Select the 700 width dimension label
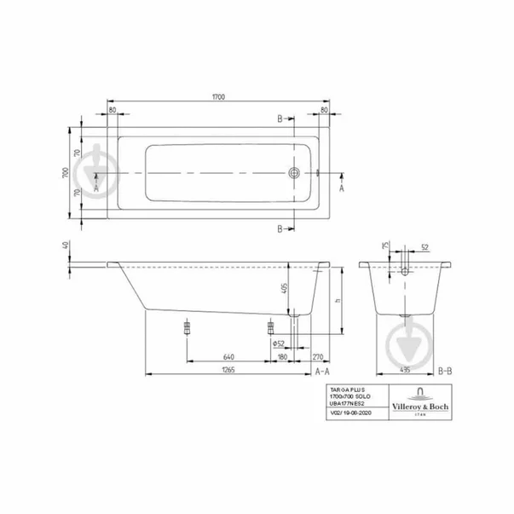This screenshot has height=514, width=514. click(x=64, y=173)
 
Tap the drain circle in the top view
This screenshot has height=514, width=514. click(x=294, y=173)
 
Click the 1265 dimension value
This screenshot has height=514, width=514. click(x=205, y=369)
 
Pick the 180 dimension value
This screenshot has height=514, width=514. click(x=281, y=356)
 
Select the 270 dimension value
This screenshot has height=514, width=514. click(x=317, y=356)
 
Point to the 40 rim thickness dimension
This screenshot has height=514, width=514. click(x=65, y=246)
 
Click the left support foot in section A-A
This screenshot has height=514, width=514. click(x=184, y=328)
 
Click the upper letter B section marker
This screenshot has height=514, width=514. click(x=279, y=119)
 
